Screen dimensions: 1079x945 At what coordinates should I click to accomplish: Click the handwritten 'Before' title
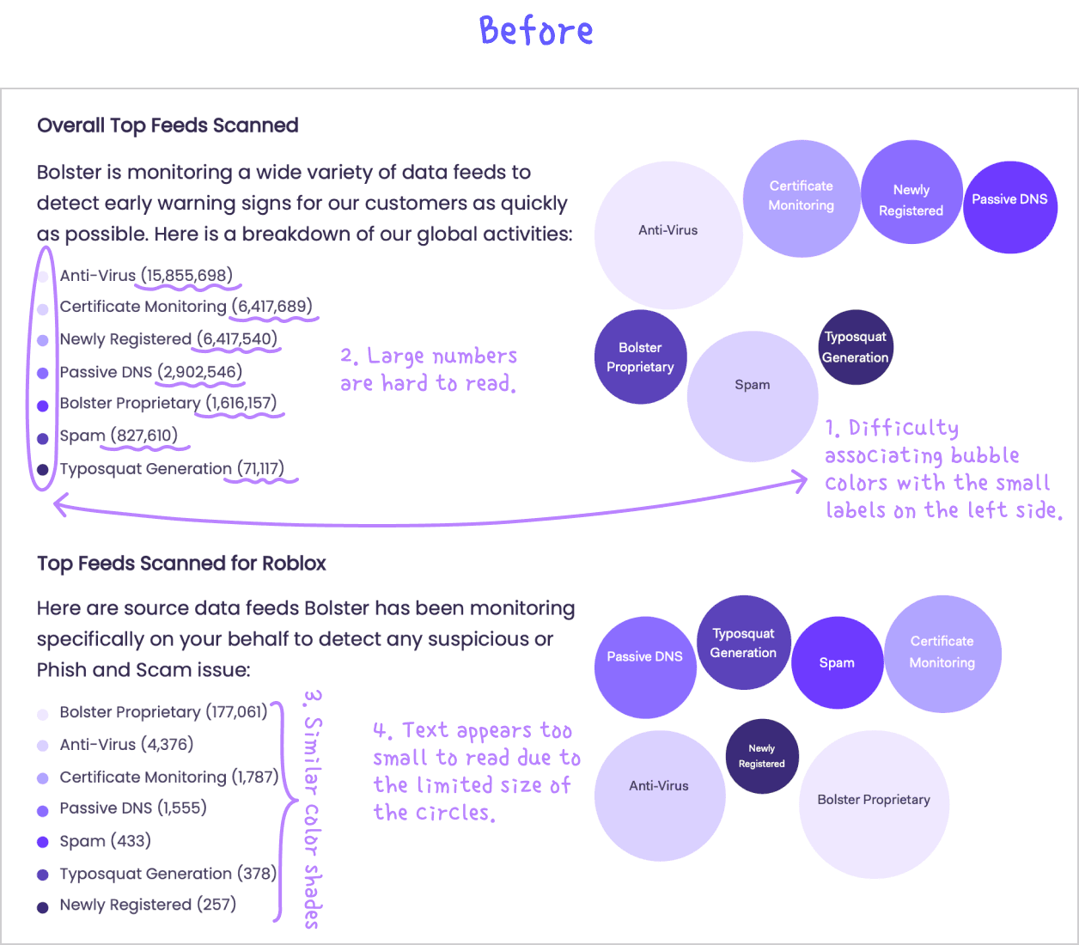tap(536, 31)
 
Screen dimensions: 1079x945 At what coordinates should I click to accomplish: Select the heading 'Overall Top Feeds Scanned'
tap(168, 125)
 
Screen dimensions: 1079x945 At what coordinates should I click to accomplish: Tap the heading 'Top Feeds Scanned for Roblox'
tap(181, 564)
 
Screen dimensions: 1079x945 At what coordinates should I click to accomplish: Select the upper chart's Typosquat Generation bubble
tap(856, 347)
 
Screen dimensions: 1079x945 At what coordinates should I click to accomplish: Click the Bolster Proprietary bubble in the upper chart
tap(640, 357)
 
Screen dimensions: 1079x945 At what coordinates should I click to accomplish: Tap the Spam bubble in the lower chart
tap(837, 662)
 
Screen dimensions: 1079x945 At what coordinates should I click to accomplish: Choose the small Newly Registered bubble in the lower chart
tap(762, 756)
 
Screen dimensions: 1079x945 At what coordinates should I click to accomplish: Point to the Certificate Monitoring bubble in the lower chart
tap(942, 653)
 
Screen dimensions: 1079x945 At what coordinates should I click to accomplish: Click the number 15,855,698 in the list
tap(186, 276)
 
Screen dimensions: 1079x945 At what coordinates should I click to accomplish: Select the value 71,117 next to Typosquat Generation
tap(260, 469)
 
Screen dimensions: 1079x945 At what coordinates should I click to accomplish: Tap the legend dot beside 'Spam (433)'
tap(43, 842)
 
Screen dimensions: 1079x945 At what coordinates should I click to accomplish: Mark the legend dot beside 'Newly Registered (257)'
tap(43, 907)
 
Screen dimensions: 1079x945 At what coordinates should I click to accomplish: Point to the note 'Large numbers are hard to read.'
tap(429, 369)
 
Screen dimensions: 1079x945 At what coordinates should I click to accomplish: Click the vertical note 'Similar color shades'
tap(312, 808)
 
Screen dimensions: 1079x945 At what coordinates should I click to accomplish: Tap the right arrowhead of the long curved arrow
tap(801, 482)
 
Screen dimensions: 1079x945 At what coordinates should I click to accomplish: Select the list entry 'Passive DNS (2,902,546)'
tap(150, 372)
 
